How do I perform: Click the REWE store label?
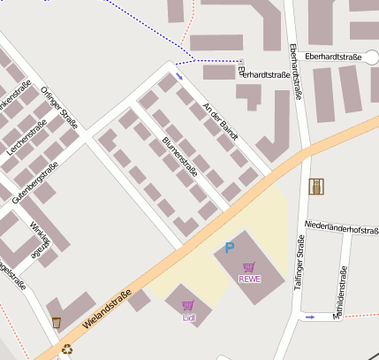pos(250,279)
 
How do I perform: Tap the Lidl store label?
pos(188,316)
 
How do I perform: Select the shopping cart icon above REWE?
pos(250,266)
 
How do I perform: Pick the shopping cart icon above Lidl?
pos(188,305)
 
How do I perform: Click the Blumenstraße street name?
pos(180,157)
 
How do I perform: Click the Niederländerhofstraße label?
pos(341,229)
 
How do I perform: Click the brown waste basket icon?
pos(57,322)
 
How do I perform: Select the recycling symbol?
pos(68,349)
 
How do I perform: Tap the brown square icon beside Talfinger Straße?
pos(315,186)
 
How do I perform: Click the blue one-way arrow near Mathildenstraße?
pos(309,317)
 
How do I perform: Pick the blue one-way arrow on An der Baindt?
pos(181,76)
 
